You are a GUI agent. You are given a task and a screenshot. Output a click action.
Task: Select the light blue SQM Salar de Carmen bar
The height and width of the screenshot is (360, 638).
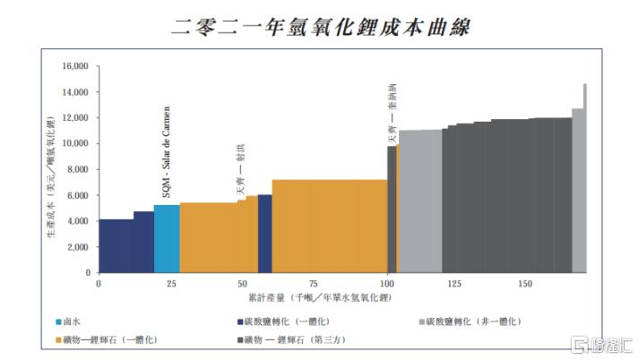tap(167, 238)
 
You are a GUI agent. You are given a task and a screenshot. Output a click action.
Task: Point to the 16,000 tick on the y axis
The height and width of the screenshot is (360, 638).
tap(74, 66)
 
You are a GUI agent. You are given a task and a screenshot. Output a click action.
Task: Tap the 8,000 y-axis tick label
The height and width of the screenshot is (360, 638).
tap(78, 169)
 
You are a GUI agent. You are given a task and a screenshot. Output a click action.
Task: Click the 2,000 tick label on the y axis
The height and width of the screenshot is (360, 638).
tap(78, 246)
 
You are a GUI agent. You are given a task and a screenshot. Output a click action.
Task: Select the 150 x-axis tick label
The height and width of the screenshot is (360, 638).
tap(525, 283)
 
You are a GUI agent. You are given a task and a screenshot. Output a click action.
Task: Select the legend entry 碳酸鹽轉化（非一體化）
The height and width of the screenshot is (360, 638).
tap(475, 321)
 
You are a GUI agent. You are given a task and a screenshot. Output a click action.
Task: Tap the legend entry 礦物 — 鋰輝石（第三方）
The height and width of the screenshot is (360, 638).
tap(297, 339)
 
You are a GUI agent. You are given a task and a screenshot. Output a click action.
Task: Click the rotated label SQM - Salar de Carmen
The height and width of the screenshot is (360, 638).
tap(166, 166)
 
